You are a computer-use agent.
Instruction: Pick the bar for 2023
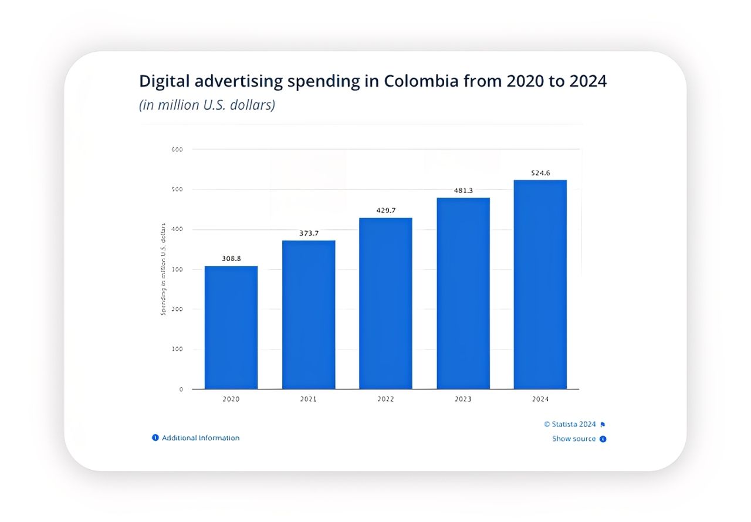pos(463,293)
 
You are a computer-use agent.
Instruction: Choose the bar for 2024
pos(540,284)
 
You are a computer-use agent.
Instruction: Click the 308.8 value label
pos(231,258)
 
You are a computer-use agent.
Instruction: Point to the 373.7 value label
pos(309,233)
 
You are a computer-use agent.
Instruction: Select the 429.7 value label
pos(385,210)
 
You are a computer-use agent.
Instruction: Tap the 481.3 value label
pos(463,190)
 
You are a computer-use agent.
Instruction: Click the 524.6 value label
pos(540,172)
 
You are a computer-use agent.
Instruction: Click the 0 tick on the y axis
pos(181,389)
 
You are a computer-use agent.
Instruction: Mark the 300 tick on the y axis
pos(178,269)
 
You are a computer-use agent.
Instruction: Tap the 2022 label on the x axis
pos(385,399)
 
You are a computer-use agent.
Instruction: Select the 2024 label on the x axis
pos(540,399)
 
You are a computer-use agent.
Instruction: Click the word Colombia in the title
pos(421,81)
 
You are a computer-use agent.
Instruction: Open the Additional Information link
pos(200,438)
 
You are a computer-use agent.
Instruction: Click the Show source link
pos(574,439)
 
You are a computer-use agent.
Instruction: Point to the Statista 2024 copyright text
pos(570,424)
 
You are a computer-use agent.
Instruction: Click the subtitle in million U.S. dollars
pos(207,106)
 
